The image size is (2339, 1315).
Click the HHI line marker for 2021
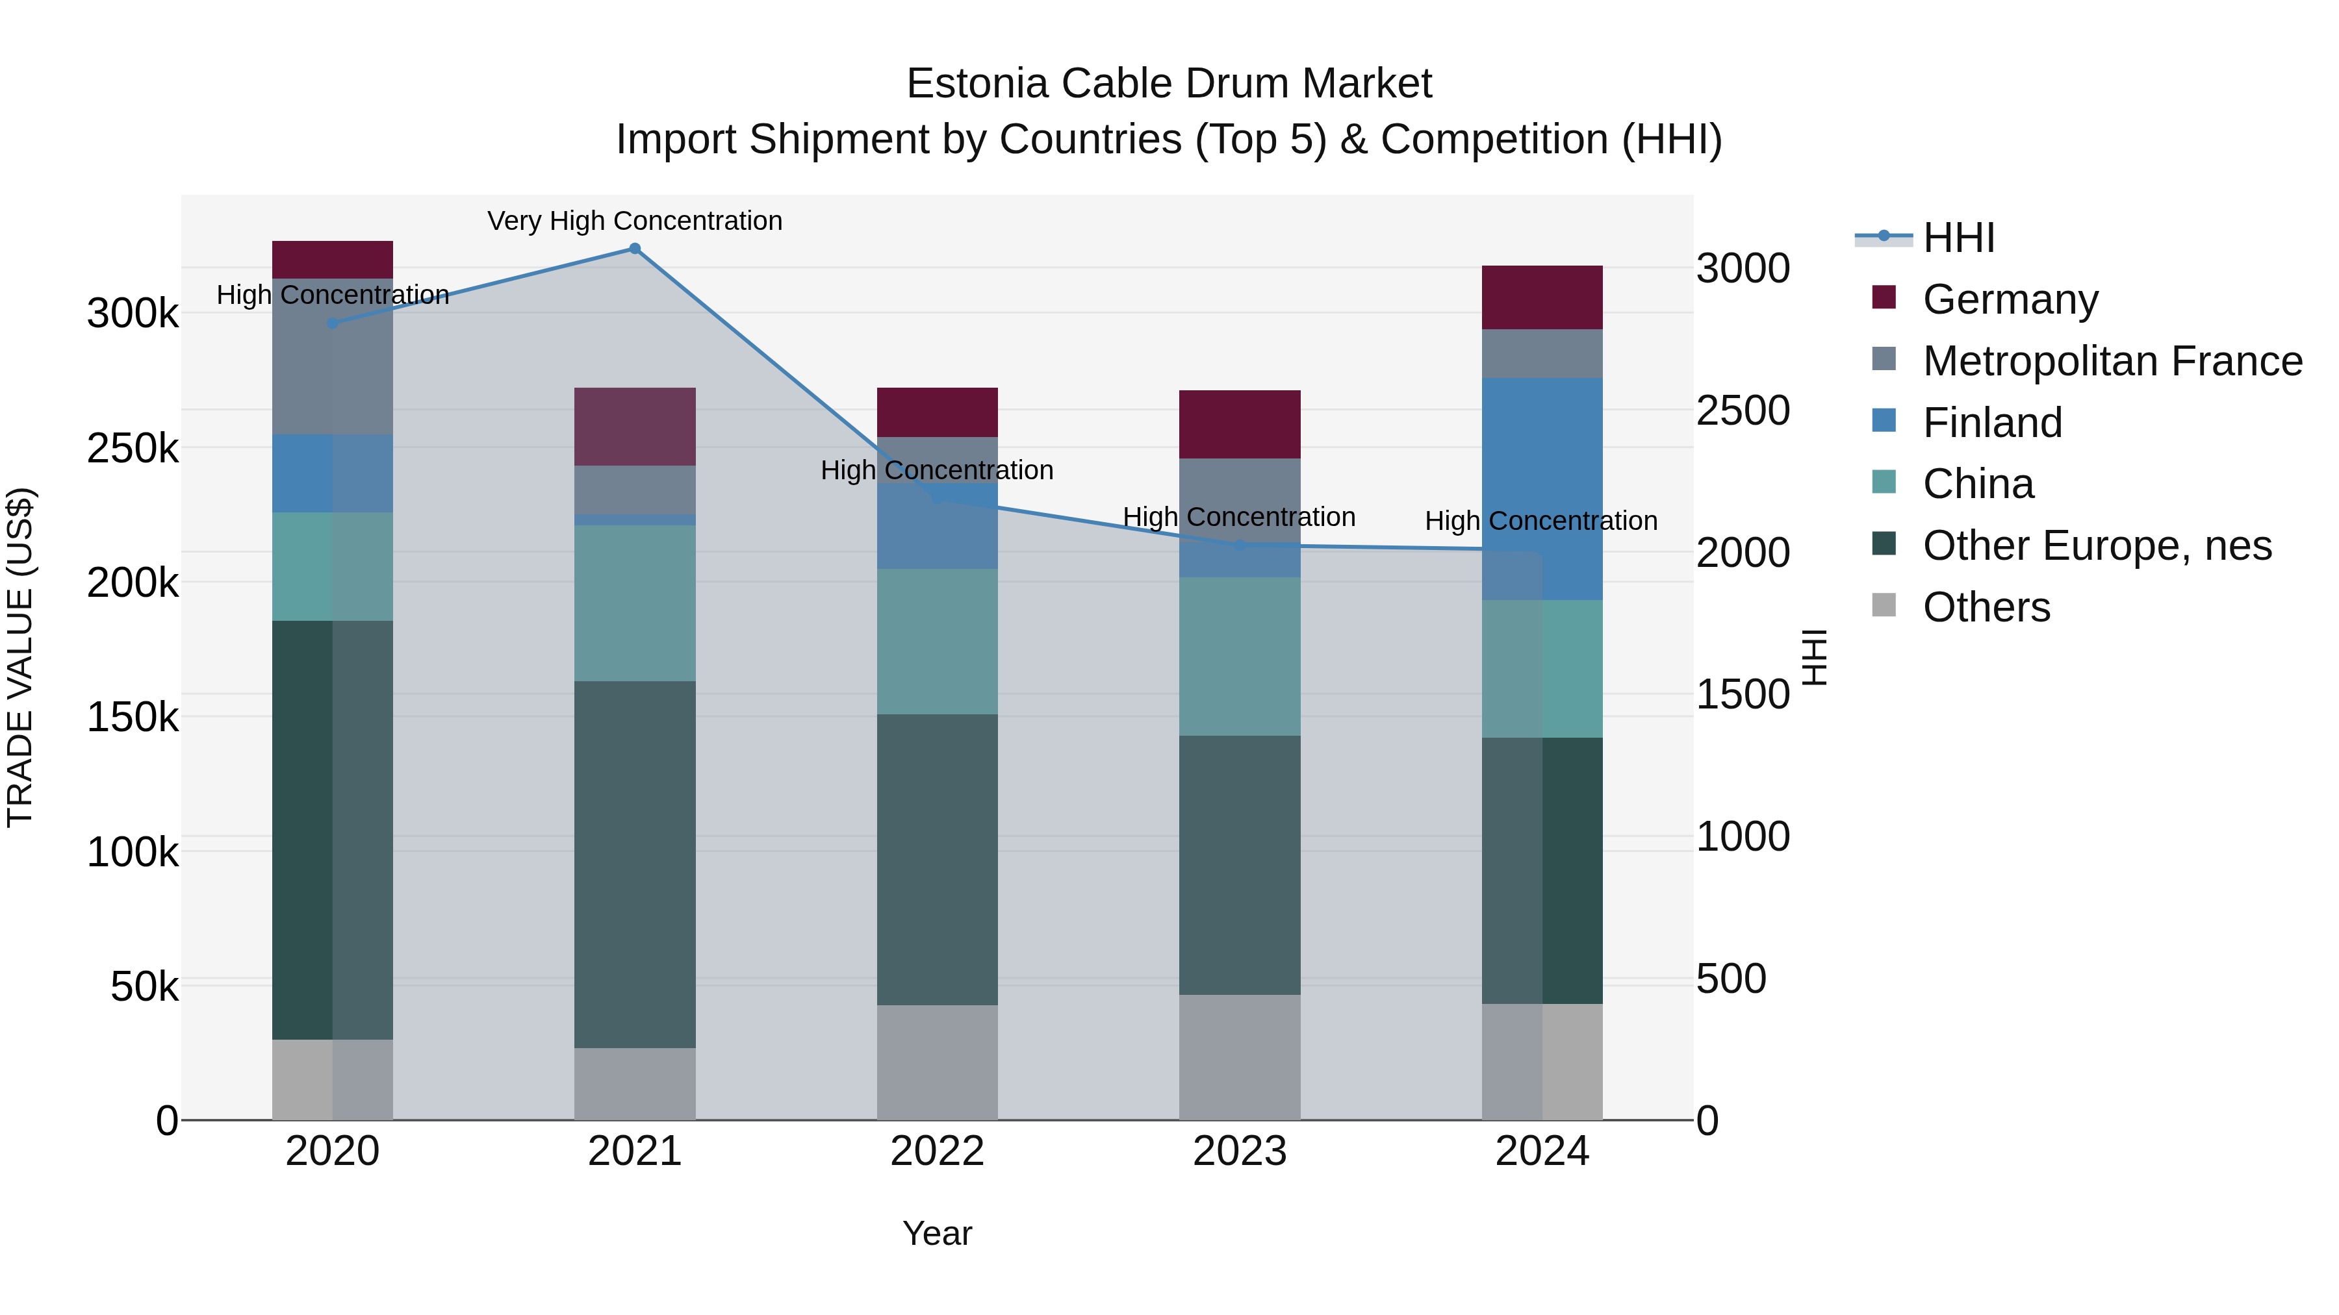[635, 249]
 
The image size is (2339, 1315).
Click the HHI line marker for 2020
[332, 323]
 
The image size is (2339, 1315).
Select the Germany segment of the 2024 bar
[1542, 297]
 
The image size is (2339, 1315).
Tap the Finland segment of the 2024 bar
[1542, 488]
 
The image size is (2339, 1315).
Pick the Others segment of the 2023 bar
[1240, 1057]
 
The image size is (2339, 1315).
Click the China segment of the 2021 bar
[635, 603]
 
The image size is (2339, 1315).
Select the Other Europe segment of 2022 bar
[937, 858]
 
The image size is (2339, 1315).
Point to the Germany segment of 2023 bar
[1240, 424]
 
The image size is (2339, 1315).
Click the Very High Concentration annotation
[635, 221]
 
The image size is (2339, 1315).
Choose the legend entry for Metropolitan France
[2112, 361]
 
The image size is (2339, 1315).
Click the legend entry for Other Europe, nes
[2097, 545]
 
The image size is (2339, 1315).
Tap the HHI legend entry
[1958, 238]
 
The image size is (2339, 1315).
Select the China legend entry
[1978, 484]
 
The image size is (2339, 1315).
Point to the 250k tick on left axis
[133, 448]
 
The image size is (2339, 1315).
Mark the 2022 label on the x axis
[937, 1151]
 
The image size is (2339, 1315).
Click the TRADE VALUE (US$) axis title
[20, 657]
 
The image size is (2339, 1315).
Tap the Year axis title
[937, 1233]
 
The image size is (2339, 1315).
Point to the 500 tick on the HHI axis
[1732, 979]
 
